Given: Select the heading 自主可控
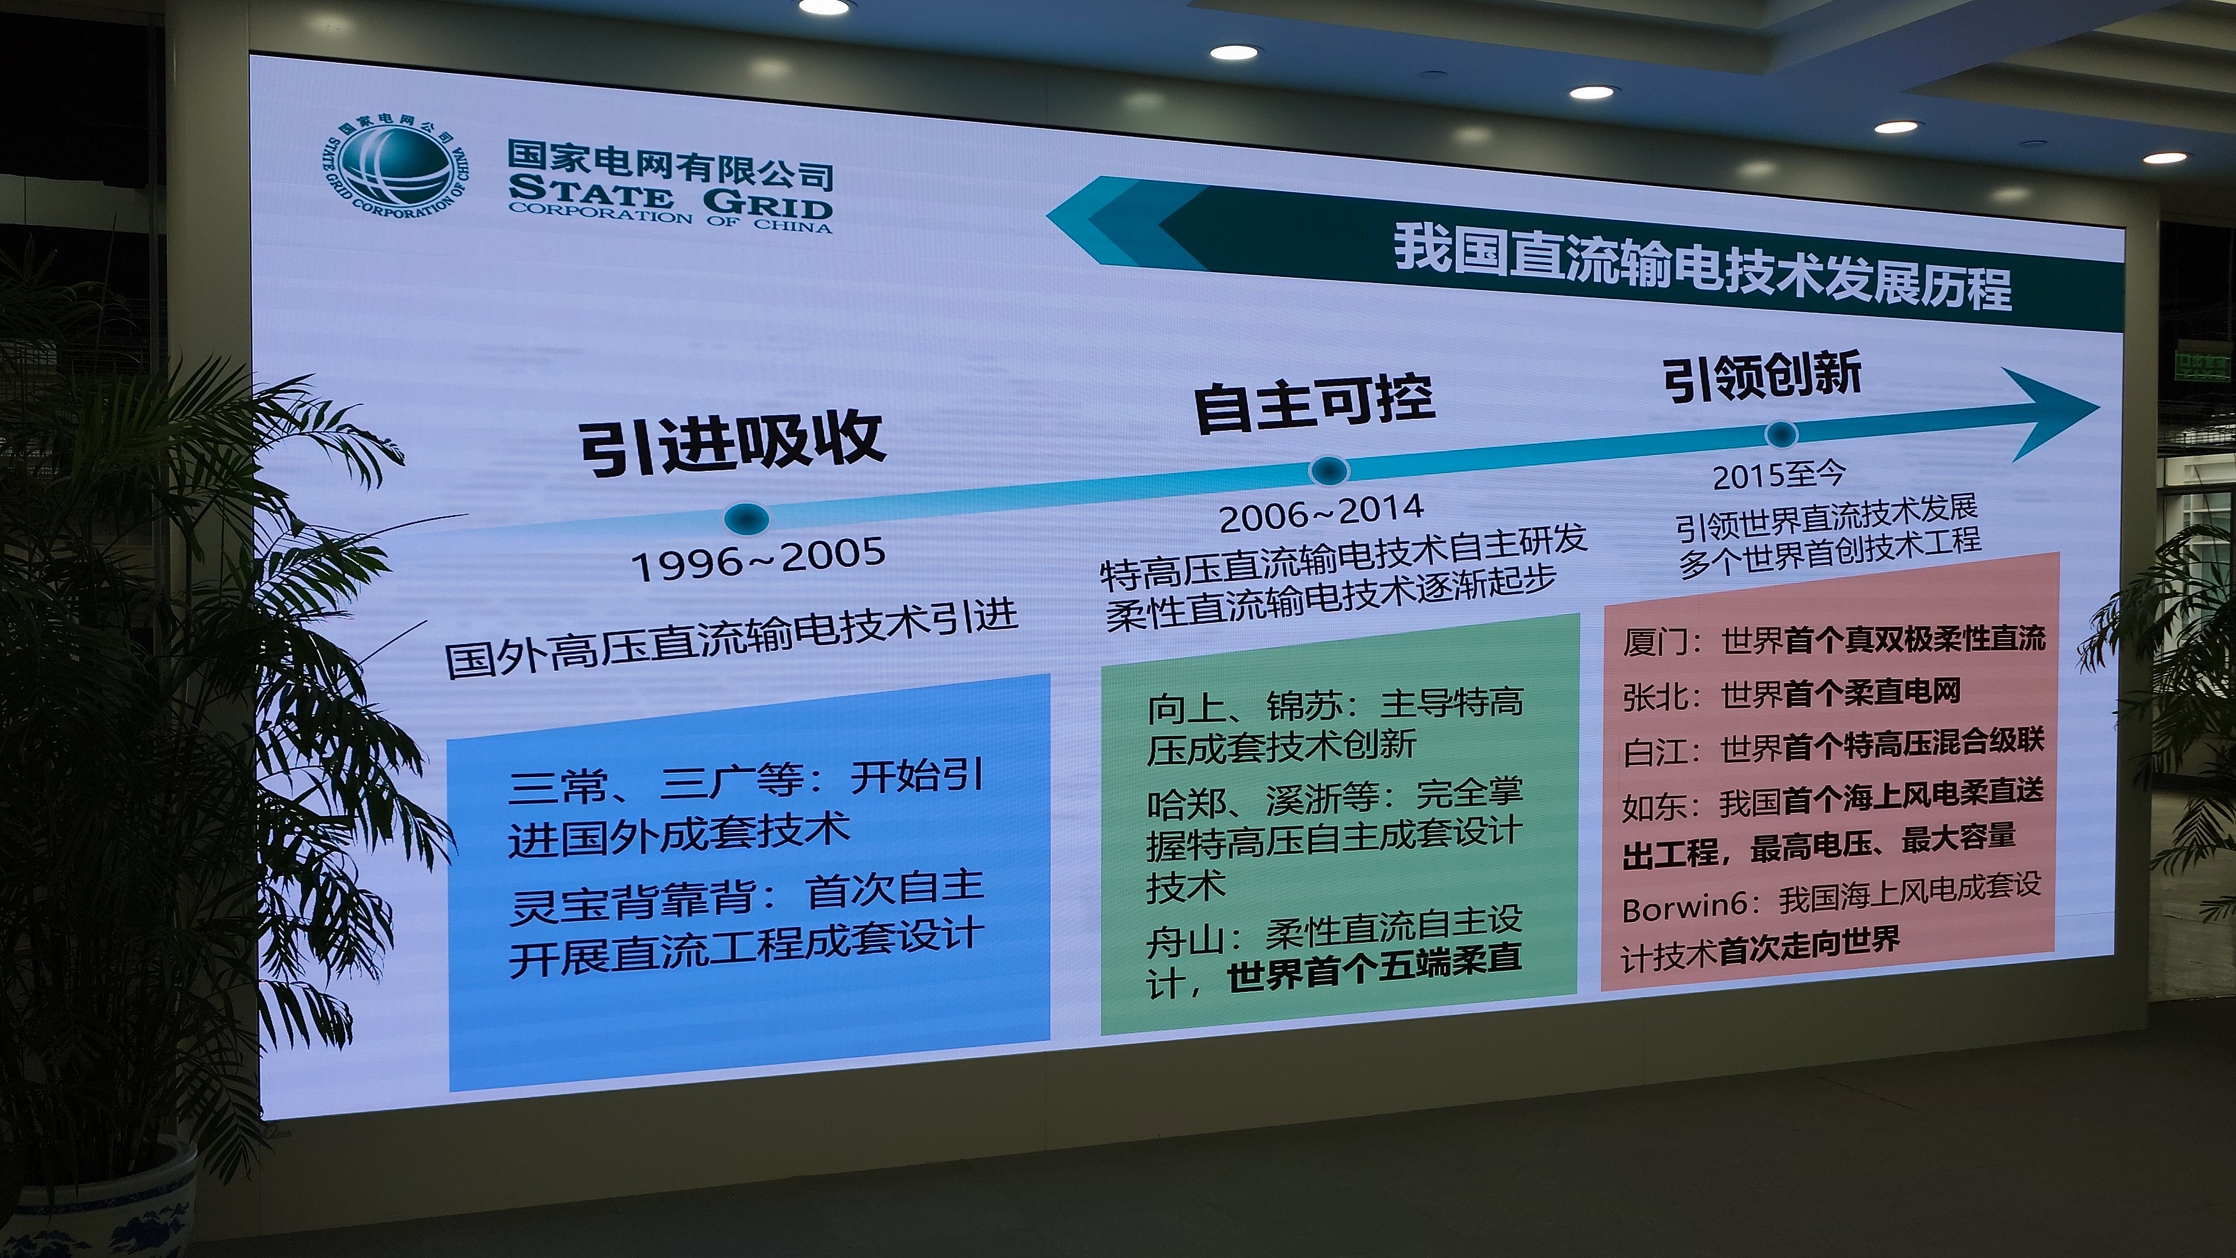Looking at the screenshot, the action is [x=1314, y=403].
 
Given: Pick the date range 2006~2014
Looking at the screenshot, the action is [x=1321, y=512].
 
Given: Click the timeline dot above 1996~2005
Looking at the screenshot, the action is [x=746, y=518].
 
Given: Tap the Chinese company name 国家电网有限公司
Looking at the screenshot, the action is [x=670, y=163].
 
